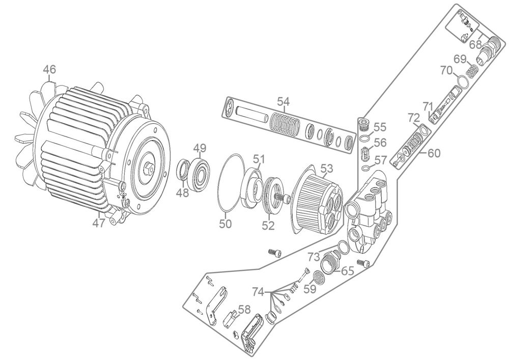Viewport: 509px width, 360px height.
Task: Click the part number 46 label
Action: pos(50,69)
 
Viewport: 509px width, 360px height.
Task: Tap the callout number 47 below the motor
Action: pos(99,223)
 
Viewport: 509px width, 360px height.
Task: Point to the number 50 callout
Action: pos(225,224)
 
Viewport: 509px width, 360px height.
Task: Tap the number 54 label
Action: pos(283,102)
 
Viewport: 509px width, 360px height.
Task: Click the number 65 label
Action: pos(347,271)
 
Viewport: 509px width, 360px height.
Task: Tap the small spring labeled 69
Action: pos(471,71)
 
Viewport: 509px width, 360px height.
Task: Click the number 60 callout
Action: pos(434,153)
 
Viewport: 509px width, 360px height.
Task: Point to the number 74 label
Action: pos(259,292)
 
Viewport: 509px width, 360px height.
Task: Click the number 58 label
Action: pos(244,310)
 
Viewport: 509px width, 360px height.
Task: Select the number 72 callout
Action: pos(414,117)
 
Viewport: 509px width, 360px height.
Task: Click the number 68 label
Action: pos(475,44)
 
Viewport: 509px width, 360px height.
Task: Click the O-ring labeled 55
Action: pos(365,139)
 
